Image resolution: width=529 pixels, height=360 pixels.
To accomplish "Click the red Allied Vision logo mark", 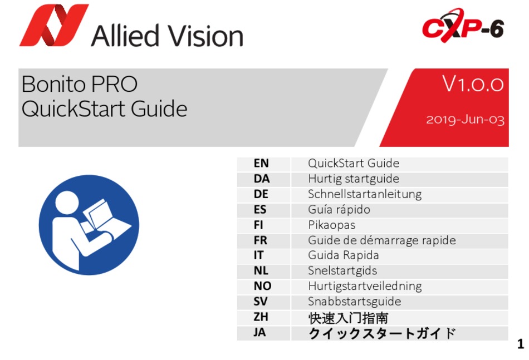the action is tap(54, 25).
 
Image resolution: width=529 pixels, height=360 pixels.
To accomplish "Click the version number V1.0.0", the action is tap(473, 84).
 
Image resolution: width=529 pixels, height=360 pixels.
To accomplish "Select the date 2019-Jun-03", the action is tap(465, 120).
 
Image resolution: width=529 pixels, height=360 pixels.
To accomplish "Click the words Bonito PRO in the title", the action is tap(80, 84).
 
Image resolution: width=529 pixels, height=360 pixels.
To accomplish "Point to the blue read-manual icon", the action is tap(89, 225).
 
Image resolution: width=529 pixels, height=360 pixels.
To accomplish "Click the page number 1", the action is tap(521, 344).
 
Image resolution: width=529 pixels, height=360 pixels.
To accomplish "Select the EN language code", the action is tap(261, 164).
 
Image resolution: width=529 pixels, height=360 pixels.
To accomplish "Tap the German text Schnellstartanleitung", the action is tap(365, 195).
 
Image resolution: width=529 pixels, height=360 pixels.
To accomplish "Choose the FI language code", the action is tap(258, 225).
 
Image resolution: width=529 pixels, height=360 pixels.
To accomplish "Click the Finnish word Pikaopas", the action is tap(332, 225).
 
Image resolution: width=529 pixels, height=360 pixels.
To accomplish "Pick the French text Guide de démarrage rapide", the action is tap(382, 240).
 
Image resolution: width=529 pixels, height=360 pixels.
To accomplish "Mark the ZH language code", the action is tap(261, 317).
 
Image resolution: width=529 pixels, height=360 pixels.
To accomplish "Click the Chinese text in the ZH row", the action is tap(348, 318).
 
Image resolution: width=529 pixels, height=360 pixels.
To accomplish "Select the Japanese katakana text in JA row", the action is tap(382, 333).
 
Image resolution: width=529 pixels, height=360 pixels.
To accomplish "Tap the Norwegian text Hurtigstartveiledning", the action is tap(365, 287).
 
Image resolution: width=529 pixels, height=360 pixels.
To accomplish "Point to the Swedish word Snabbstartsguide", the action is tap(355, 302).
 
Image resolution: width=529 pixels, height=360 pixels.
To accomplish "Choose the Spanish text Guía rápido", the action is tap(339, 210).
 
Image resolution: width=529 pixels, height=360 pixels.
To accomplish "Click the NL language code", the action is tap(261, 270).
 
